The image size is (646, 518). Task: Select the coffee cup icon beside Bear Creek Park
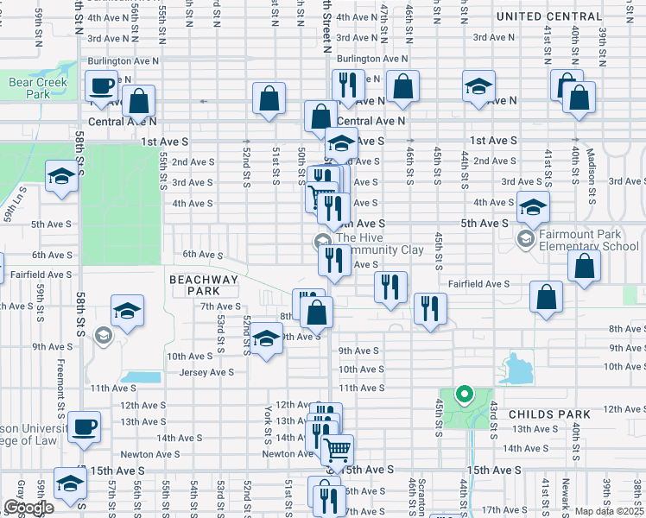pyautogui.click(x=102, y=86)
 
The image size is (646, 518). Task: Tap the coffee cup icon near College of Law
pyautogui.click(x=85, y=426)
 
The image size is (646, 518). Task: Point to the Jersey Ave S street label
pyautogui.click(x=206, y=372)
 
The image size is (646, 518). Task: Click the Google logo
pyautogui.click(x=28, y=508)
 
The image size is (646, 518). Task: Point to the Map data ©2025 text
pyautogui.click(x=609, y=511)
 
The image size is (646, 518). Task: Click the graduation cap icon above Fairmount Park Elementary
pyautogui.click(x=534, y=207)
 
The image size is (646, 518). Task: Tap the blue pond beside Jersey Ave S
pyautogui.click(x=141, y=376)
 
